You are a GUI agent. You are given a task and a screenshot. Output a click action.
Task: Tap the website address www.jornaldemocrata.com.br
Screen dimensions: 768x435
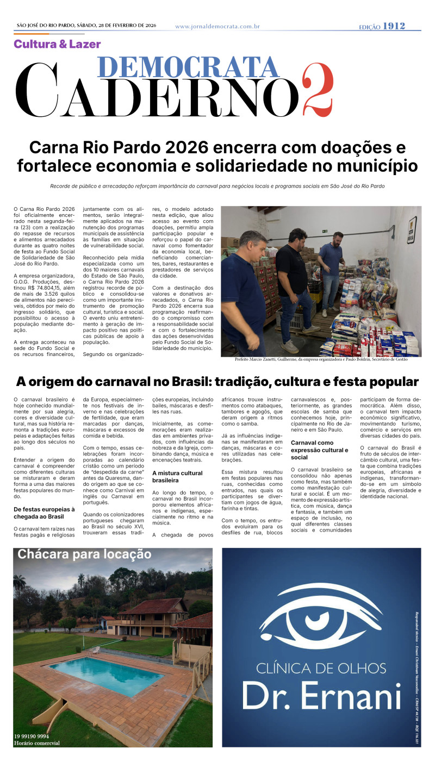[217, 26]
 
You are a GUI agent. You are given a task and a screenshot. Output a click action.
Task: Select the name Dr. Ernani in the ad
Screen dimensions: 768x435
[321, 696]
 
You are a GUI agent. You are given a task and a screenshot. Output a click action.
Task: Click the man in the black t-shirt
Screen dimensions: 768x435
[294, 283]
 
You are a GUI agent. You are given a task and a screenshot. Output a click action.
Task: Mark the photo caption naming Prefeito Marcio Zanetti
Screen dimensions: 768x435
[314, 359]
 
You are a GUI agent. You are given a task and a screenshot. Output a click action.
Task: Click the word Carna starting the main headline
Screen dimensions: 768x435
[57, 148]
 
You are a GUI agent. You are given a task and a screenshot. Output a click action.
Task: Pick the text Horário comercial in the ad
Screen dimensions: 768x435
[37, 743]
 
